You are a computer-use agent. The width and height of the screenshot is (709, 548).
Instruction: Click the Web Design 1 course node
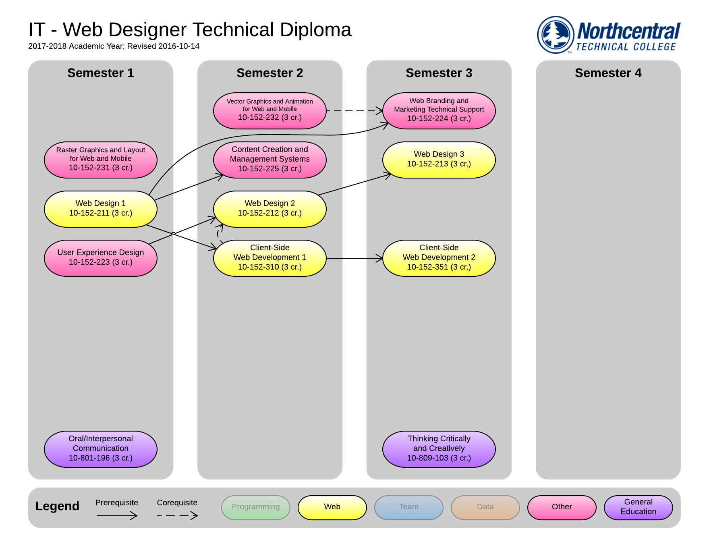(x=101, y=209)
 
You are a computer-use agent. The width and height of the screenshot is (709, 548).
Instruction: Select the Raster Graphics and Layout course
(x=101, y=160)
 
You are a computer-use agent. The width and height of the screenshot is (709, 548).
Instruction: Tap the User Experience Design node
(x=101, y=258)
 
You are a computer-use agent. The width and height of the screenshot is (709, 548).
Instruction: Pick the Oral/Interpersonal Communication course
(x=101, y=449)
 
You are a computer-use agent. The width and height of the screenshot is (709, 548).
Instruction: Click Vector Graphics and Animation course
(x=270, y=110)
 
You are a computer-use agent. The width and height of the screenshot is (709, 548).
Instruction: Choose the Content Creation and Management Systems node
(x=270, y=160)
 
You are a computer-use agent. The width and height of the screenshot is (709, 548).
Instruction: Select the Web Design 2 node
(x=270, y=209)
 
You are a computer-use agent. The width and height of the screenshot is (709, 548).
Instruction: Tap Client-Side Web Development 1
(x=270, y=258)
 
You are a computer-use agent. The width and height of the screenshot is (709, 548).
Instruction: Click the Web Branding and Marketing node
(x=439, y=110)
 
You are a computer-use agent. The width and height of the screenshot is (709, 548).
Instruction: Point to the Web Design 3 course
(x=439, y=160)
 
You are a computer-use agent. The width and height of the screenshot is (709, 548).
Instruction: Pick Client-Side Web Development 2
(x=439, y=258)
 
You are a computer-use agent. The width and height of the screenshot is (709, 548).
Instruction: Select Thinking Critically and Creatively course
(x=439, y=449)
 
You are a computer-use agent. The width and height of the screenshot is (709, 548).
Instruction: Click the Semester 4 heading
(x=608, y=73)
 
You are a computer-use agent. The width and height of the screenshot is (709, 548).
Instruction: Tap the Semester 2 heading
(x=270, y=73)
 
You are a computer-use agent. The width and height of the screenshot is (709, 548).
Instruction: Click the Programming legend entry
(x=256, y=507)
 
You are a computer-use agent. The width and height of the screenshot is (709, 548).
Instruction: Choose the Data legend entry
(x=485, y=507)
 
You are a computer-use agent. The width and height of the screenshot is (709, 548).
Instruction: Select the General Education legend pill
(x=639, y=507)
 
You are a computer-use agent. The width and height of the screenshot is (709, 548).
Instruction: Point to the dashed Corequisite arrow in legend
(x=177, y=515)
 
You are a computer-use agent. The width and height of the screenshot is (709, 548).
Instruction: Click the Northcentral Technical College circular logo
(x=556, y=35)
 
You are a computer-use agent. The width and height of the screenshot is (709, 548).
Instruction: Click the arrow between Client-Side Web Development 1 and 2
(x=354, y=258)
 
